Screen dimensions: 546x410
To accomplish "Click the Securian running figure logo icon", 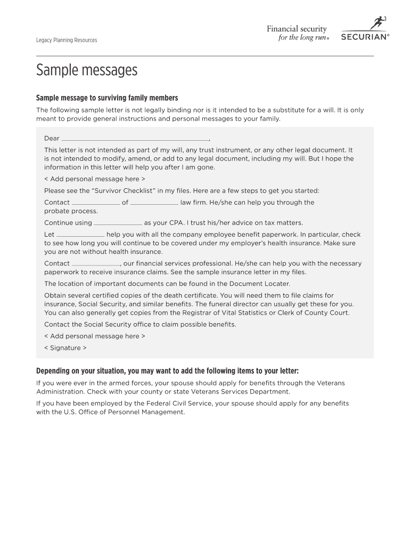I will (378, 23).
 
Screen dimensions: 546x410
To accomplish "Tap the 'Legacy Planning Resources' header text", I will (67, 41).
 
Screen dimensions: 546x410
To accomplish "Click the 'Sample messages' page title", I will (87, 70).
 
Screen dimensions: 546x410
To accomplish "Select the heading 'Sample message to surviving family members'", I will (106, 98).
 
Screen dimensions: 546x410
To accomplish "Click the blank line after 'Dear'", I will (135, 139).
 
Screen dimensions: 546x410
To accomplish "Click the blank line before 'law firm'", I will (154, 203).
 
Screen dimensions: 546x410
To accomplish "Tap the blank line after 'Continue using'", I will (118, 223).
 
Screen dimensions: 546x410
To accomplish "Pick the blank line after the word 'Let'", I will (80, 235).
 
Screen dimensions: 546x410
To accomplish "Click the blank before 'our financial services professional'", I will (96, 263).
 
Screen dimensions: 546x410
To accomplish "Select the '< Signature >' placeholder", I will (65, 348).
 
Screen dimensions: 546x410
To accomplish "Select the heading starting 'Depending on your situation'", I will (167, 371).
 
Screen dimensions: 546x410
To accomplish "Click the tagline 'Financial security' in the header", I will (297, 29).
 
